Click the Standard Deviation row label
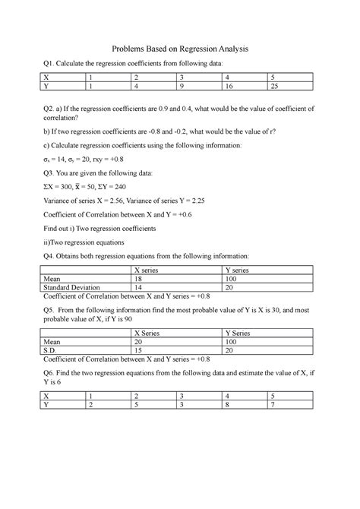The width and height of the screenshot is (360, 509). pos(73,288)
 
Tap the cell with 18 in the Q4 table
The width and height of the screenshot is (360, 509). pos(137,279)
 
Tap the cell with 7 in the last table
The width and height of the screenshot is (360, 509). pos(273,406)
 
